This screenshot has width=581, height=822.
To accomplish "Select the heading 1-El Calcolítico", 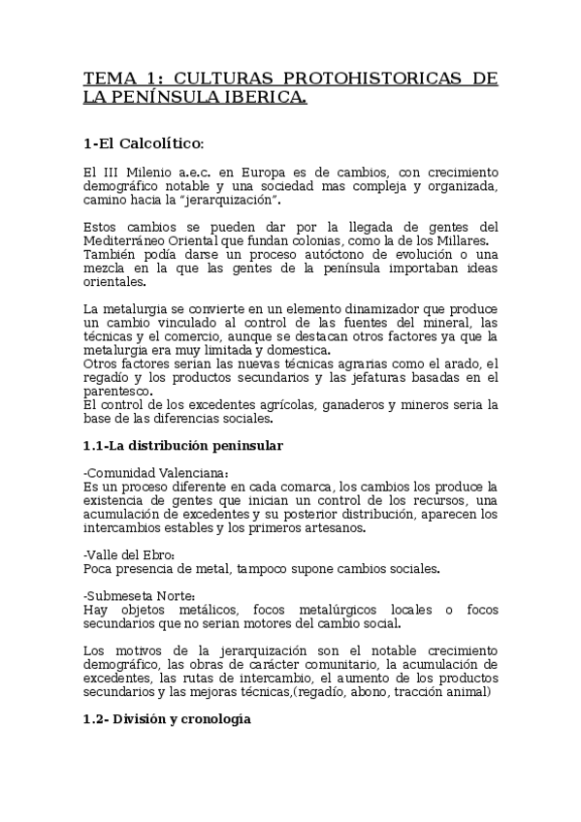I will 145,143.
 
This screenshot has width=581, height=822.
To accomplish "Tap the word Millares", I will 463,241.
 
